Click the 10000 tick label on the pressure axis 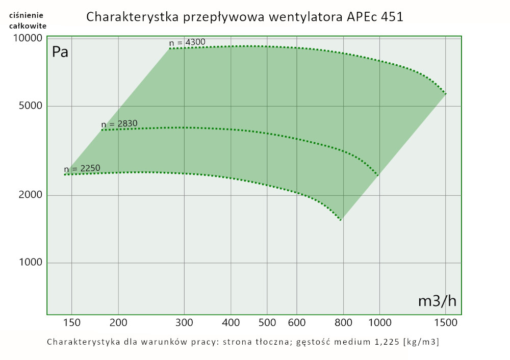pos(27,39)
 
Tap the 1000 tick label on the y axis pos(30,263)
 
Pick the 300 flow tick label pos(184,322)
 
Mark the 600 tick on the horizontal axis pos(297,322)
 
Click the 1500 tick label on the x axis pos(446,322)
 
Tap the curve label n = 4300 pos(188,42)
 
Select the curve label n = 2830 pos(119,124)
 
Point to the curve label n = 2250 pos(82,169)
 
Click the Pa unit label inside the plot pos(60,53)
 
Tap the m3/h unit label pos(437,301)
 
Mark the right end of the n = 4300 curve pos(446,94)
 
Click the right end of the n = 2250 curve pos(341,220)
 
